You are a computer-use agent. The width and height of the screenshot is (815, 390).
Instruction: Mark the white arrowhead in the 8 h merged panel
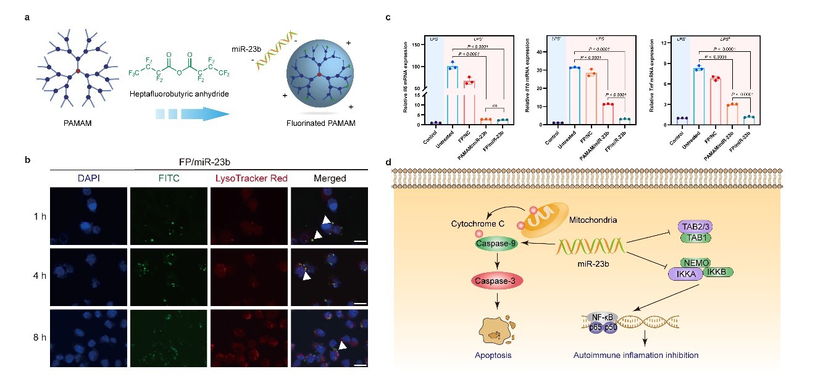click(x=342, y=347)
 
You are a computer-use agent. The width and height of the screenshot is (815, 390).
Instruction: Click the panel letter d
click(x=388, y=163)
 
